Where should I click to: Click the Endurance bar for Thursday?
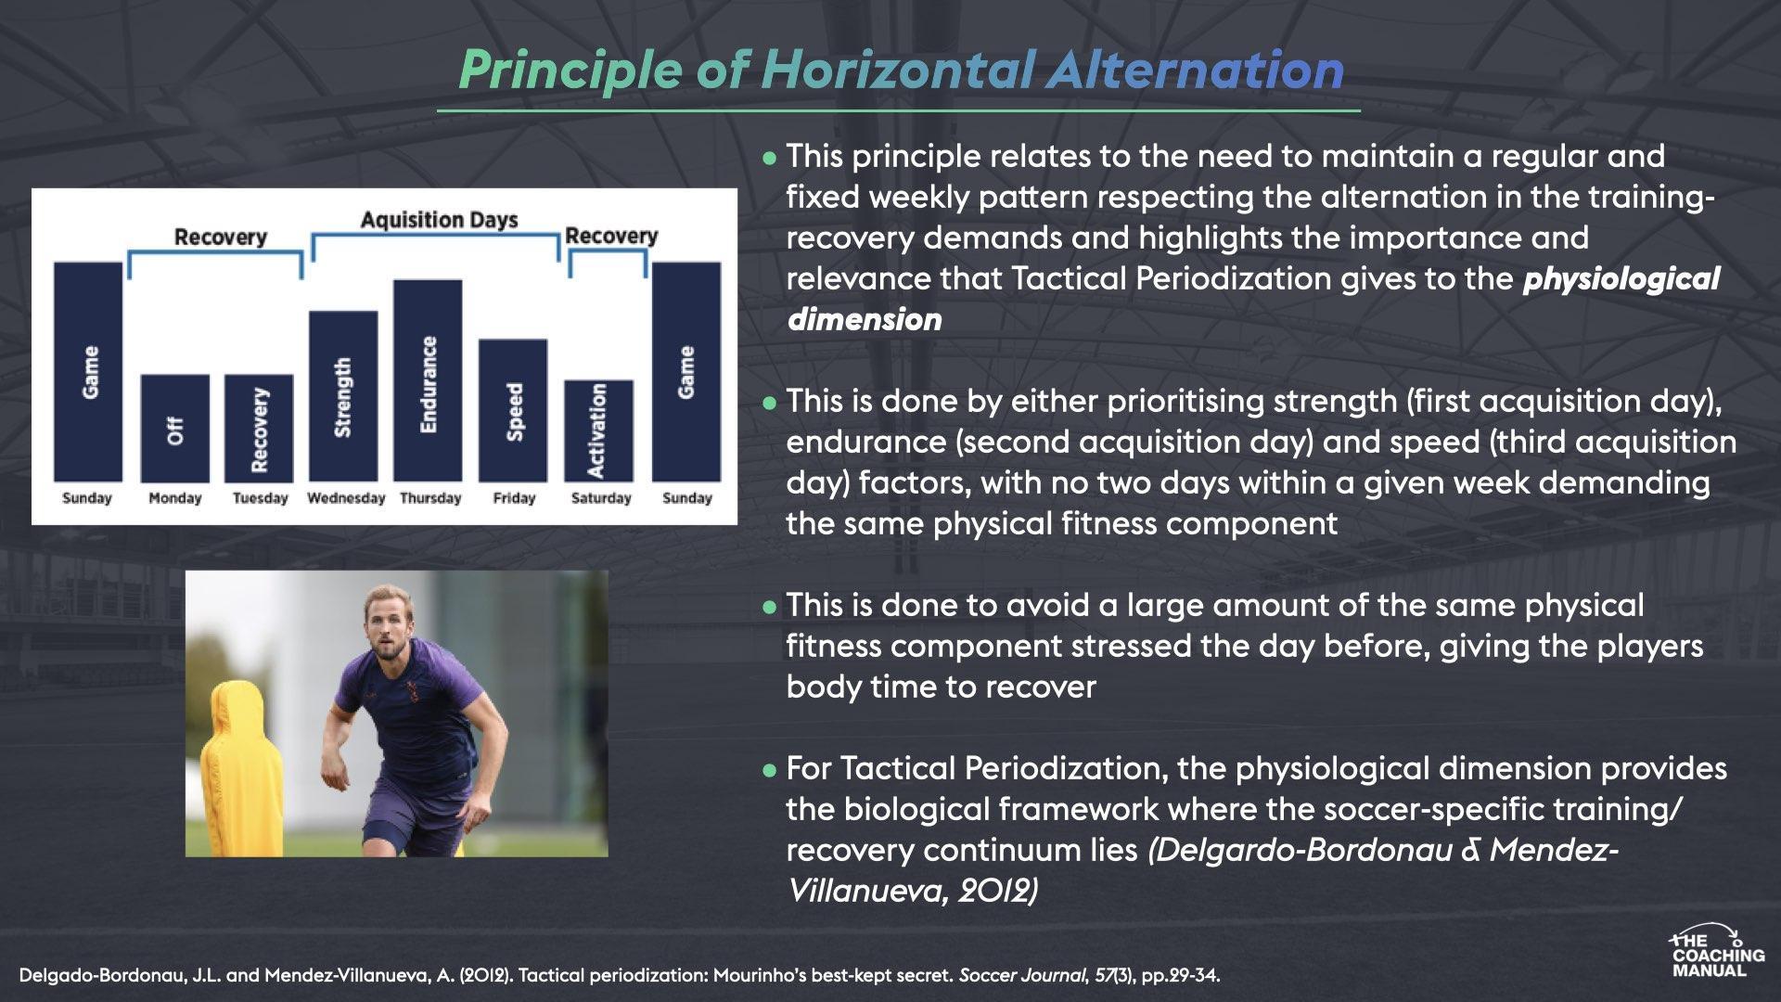click(x=428, y=380)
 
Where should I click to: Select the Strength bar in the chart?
click(x=343, y=396)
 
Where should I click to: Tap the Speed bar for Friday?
click(x=513, y=410)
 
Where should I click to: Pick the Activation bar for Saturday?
click(x=598, y=430)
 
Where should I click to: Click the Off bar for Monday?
click(x=175, y=428)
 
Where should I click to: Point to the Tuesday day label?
click(x=260, y=498)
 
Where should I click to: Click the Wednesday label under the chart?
click(x=346, y=498)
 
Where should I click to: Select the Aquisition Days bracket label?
click(x=439, y=220)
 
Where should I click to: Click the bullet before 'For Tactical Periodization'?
click(x=768, y=770)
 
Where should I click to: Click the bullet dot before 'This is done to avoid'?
click(x=768, y=607)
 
